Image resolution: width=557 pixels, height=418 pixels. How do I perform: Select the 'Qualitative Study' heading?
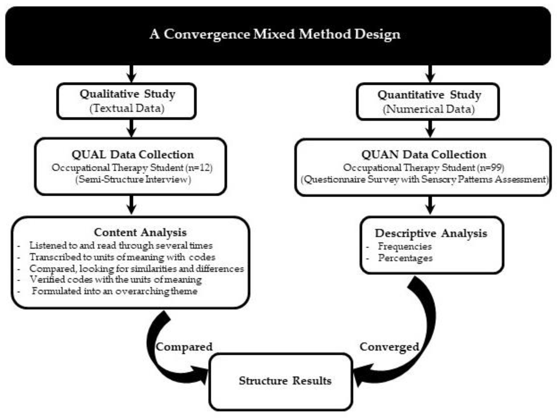(x=127, y=94)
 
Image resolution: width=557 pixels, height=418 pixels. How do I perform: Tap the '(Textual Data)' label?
(x=127, y=108)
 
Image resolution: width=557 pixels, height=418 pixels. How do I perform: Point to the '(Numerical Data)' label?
(x=429, y=109)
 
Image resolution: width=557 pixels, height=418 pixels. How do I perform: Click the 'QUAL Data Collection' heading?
(x=133, y=154)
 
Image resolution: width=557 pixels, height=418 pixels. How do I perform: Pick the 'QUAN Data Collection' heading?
(x=424, y=154)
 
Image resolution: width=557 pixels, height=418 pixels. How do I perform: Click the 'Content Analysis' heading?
(x=140, y=232)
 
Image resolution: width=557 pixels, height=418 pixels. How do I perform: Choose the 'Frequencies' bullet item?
(x=405, y=246)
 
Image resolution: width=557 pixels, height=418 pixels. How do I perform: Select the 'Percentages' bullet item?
(x=405, y=258)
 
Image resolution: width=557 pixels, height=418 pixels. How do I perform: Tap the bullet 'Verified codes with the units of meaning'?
(x=116, y=280)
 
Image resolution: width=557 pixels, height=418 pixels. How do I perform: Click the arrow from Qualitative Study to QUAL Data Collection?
(x=131, y=128)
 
